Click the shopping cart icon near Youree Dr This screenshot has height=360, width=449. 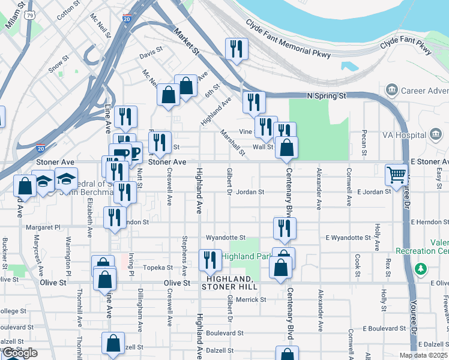tap(396, 175)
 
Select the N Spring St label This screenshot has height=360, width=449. tap(327, 95)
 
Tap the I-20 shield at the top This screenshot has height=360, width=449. tap(127, 20)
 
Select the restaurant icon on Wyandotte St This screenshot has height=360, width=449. tap(285, 228)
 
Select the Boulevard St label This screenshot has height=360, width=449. tap(224, 332)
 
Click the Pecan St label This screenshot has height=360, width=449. tap(364, 139)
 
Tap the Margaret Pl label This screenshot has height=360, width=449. tap(43, 228)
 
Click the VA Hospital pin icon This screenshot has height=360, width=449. tap(436, 134)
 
